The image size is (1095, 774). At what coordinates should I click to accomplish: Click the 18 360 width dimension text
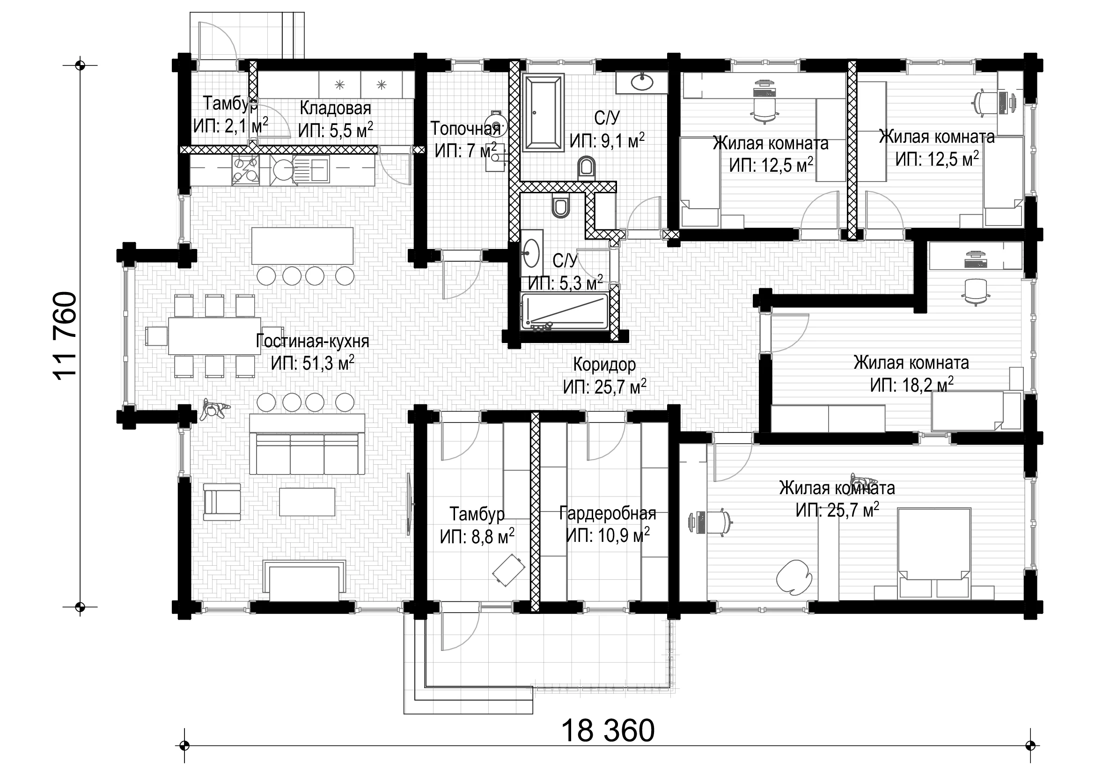point(608,730)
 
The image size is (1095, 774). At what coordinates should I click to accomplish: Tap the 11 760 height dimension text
point(66,336)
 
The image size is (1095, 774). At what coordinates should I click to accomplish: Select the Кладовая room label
point(335,108)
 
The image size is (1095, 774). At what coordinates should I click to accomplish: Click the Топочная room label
point(465,128)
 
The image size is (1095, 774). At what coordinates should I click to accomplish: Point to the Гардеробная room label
point(608,513)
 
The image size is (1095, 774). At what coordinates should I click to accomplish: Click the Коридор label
point(604,365)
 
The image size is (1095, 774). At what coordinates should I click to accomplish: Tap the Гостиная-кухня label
point(312,341)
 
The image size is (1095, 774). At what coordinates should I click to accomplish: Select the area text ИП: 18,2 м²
point(911,385)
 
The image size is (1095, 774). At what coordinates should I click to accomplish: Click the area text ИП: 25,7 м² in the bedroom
point(837,510)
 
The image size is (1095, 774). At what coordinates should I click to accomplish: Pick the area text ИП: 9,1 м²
point(607,140)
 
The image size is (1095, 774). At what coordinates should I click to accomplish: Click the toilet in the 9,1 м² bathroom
point(586,168)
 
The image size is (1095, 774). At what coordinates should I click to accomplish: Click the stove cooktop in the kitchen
point(246,170)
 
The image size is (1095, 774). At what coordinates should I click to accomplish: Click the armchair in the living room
point(222,502)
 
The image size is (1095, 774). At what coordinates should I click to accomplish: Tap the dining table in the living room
point(214,336)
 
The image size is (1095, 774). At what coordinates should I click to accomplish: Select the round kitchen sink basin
point(283,170)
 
